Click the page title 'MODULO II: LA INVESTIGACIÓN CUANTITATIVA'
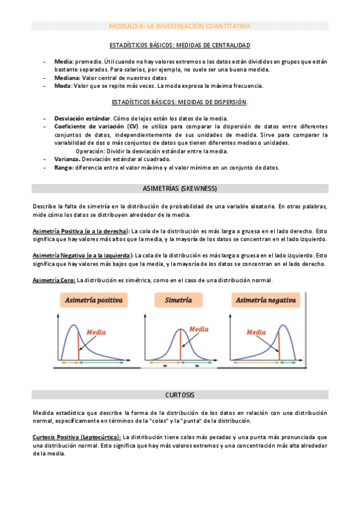180,26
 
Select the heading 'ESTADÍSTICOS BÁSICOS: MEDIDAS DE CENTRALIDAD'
180,46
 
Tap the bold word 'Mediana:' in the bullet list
67,78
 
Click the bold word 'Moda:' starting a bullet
63,86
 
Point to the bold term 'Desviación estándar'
82,118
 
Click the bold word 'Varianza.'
69,159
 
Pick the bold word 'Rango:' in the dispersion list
64,168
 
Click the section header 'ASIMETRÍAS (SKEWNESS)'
180,189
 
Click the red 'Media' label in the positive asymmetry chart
97,331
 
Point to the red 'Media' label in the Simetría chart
199,329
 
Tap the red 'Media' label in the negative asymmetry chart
255,331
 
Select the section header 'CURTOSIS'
180,395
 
